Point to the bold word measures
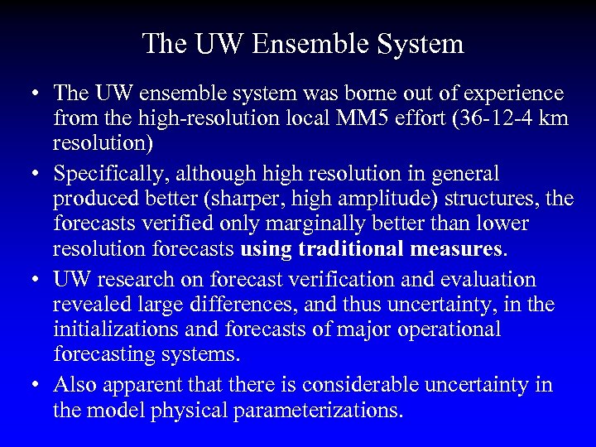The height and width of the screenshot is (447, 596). tap(458, 248)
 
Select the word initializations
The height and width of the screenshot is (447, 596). tap(118, 329)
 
